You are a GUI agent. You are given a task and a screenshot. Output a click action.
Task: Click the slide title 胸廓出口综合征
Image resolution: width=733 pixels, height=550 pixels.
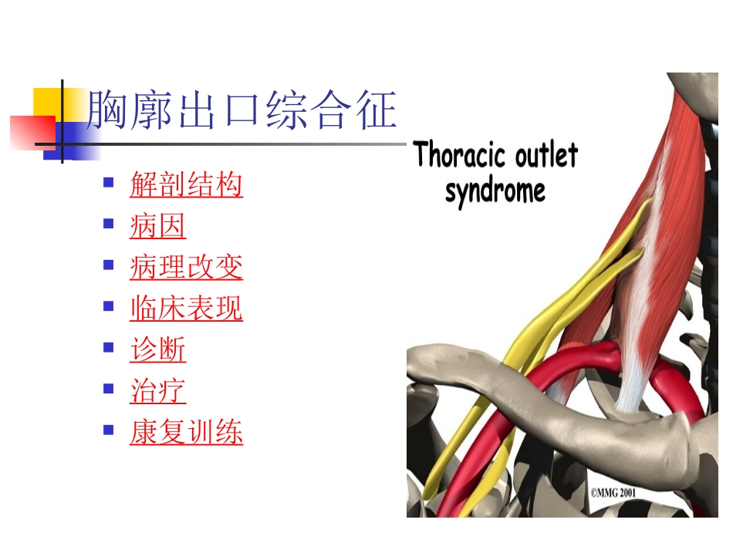pyautogui.click(x=242, y=110)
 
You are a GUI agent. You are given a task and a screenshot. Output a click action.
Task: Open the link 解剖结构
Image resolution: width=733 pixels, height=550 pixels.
pyautogui.click(x=186, y=185)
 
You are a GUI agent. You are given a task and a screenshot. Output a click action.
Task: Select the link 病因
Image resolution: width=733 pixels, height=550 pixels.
pyautogui.click(x=157, y=227)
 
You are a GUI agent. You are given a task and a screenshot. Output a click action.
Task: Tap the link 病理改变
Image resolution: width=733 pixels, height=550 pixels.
pyautogui.click(x=186, y=268)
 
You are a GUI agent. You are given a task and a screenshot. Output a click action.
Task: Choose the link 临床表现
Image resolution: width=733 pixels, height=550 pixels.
pyautogui.click(x=186, y=309)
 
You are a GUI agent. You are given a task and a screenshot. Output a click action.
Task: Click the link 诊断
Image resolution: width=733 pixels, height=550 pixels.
pyautogui.click(x=157, y=350)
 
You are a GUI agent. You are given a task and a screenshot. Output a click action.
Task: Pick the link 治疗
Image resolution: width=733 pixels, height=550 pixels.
pyautogui.click(x=157, y=391)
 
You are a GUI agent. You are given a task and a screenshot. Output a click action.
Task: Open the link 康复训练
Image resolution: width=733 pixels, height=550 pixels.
pyautogui.click(x=186, y=433)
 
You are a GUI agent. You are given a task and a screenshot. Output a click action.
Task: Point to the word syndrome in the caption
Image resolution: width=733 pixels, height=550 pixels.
pyautogui.click(x=495, y=190)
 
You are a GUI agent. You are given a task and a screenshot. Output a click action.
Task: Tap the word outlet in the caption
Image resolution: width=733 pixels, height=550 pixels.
pyautogui.click(x=546, y=156)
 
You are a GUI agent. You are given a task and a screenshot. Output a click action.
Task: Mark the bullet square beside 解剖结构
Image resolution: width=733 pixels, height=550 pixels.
pyautogui.click(x=109, y=183)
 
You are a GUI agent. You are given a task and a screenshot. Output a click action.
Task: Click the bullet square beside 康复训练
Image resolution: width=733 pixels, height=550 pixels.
pyautogui.click(x=109, y=430)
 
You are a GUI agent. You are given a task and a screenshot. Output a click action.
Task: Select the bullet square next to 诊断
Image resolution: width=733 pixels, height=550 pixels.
pyautogui.click(x=109, y=348)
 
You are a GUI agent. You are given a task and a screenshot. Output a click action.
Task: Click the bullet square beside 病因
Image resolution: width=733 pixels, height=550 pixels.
pyautogui.click(x=109, y=224)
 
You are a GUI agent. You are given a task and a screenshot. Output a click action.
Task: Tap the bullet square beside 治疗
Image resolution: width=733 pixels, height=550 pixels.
pyautogui.click(x=109, y=389)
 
